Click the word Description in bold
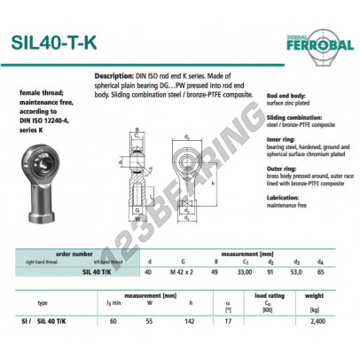click(113, 78)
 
